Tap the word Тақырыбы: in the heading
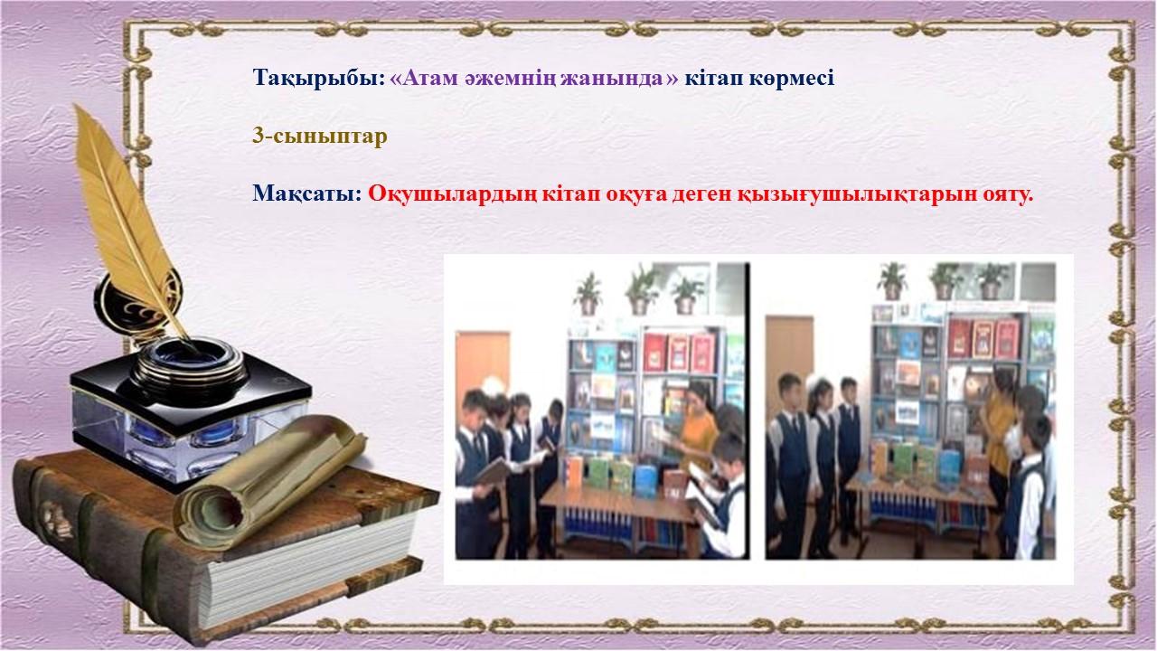coord(319,79)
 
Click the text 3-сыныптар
coord(320,137)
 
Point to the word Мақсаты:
coord(307,194)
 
